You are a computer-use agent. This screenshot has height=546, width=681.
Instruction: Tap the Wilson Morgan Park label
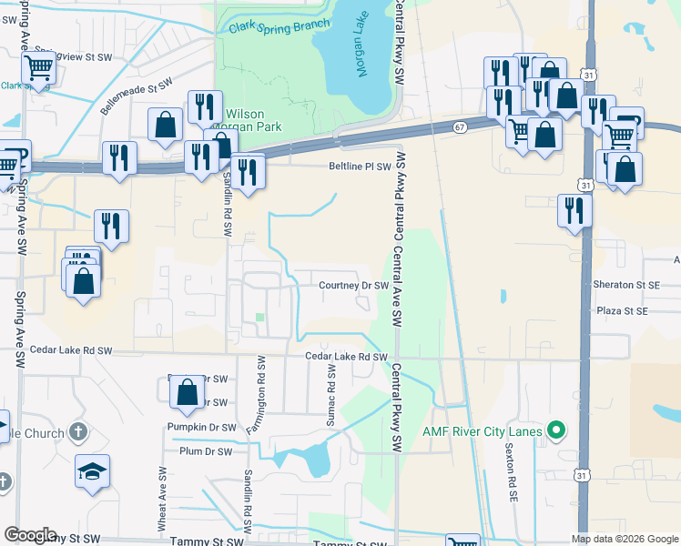[251, 122]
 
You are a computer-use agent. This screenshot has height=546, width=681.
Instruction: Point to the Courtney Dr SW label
[354, 286]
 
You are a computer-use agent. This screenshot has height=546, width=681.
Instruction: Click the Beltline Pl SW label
[360, 167]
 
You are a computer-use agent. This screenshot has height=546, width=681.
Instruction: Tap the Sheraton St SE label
[625, 285]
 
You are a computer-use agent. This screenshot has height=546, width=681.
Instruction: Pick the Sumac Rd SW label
[331, 398]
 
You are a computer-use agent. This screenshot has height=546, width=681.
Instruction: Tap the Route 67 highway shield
[460, 128]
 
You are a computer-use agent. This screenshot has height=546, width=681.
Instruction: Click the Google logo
[30, 535]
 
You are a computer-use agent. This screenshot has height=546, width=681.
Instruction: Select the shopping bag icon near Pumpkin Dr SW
[188, 392]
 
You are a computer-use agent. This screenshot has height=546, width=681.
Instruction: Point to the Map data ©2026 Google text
[625, 539]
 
